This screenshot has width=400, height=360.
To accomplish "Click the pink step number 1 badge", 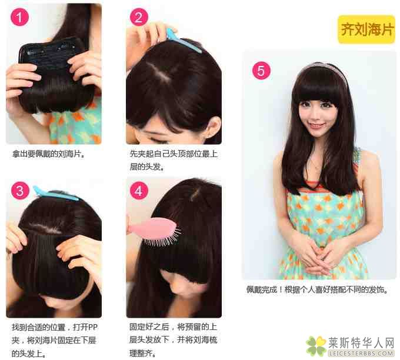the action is [19, 17].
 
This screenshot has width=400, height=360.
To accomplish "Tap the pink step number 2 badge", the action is [139, 17].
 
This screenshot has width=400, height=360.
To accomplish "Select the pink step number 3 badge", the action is [20, 191].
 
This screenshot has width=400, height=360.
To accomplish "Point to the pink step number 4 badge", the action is [139, 191].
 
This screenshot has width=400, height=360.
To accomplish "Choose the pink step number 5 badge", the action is [262, 71].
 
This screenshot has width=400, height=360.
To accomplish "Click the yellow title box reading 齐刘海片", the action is [366, 29].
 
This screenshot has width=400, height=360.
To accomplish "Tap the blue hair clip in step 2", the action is [183, 41].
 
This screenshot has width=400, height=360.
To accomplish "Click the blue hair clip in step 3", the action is [55, 195].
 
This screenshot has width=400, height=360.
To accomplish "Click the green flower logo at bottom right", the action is [316, 346].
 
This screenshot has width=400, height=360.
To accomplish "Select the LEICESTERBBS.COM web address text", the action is [361, 354].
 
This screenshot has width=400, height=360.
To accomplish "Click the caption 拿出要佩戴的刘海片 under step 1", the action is [48, 154].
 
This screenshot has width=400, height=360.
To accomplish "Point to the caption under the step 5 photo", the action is [317, 289].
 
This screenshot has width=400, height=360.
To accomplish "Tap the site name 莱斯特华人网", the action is [361, 343].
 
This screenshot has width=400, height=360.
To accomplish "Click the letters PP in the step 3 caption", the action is [92, 327].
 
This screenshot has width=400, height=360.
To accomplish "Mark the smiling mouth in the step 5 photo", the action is [316, 125].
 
